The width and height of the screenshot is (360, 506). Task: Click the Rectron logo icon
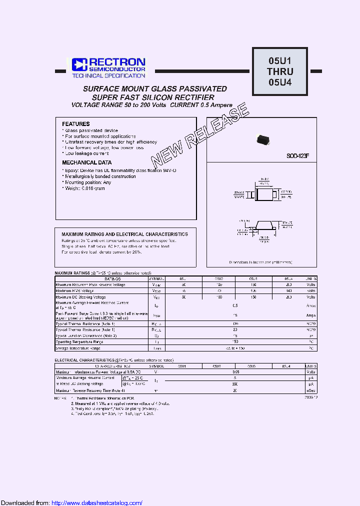click(x=79, y=64)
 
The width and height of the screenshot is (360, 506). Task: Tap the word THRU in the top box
click(x=280, y=71)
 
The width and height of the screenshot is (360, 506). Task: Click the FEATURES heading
click(x=76, y=124)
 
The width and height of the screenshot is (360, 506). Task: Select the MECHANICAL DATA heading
click(x=87, y=162)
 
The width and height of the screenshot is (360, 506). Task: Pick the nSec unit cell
click(x=311, y=390)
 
